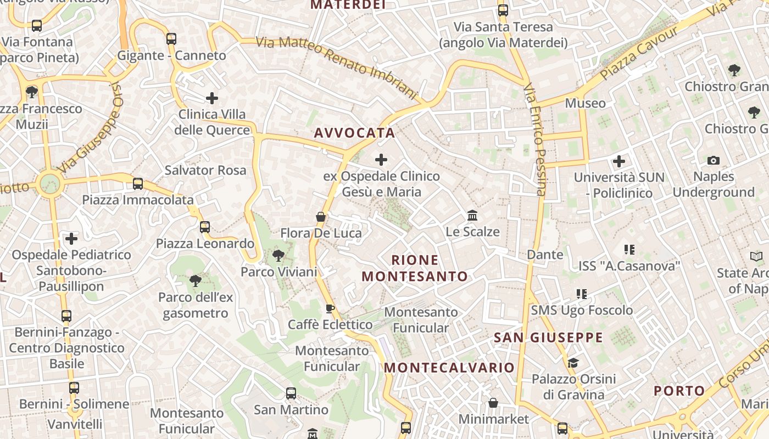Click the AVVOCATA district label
coord(354,133)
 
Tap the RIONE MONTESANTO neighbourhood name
coord(415,268)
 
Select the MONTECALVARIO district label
coord(449,368)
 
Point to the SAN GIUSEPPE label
coord(548,337)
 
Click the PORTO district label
coord(679,391)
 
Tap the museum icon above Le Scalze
coord(472,216)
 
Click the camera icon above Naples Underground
coord(713,161)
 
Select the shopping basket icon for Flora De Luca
coord(321,217)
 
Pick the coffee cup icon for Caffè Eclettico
coord(330,309)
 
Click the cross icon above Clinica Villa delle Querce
coord(212,99)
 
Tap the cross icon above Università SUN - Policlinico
coord(619,161)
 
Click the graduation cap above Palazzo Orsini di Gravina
coord(573,363)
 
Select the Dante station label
coord(545,255)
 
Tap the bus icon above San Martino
coord(291,393)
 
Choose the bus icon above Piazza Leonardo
coord(205,227)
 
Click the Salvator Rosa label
coord(205,170)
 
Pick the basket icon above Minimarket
coord(493,403)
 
